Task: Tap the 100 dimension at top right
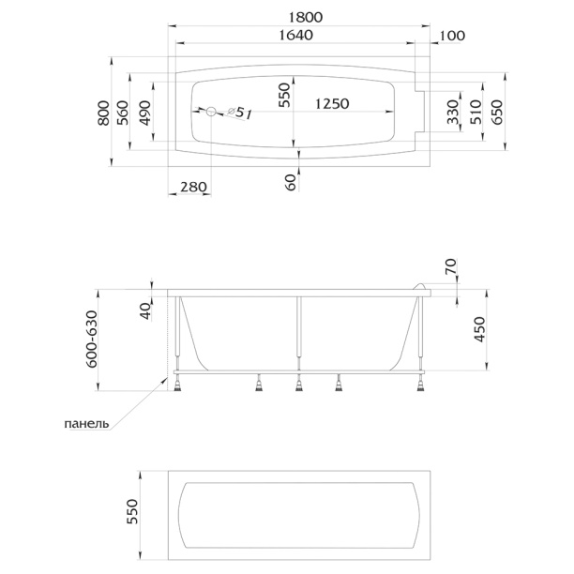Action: tap(452, 36)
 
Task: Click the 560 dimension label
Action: tap(121, 113)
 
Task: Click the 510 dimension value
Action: tap(475, 113)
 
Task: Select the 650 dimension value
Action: tap(497, 113)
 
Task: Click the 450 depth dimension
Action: tap(479, 330)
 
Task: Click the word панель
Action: tap(87, 423)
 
